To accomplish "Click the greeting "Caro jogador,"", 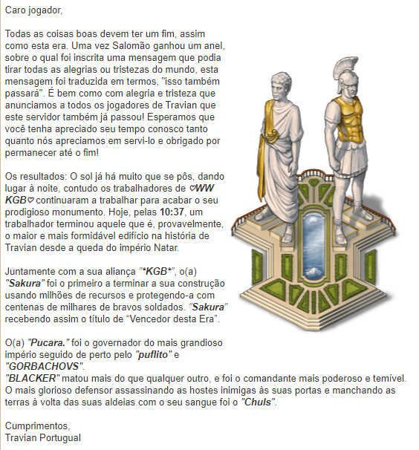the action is click(x=33, y=11).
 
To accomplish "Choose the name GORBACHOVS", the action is click(x=44, y=367).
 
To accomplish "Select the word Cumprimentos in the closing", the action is click(x=36, y=426).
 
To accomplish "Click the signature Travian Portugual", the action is click(x=42, y=438).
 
